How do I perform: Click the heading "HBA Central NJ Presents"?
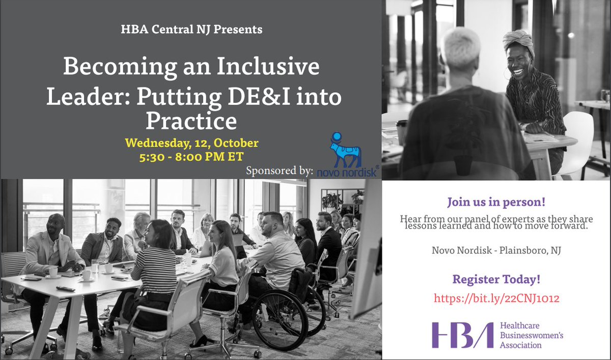point(191,30)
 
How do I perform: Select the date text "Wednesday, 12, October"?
point(191,143)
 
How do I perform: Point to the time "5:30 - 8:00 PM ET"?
point(191,158)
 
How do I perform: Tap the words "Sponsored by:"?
point(279,170)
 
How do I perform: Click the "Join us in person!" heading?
point(496,202)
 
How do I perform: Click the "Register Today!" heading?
point(496,279)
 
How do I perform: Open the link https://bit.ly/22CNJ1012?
point(496,298)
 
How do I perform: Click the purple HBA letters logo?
point(455,335)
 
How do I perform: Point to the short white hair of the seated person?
point(461,45)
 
